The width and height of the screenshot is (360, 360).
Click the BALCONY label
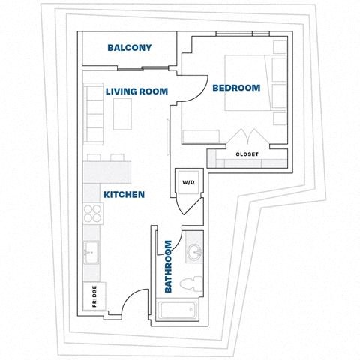tap(129, 48)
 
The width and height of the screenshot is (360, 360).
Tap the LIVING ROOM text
tap(136, 91)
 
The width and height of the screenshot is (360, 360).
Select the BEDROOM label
tap(236, 88)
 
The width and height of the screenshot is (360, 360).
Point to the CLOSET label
tap(247, 154)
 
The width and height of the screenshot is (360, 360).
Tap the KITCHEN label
tap(124, 194)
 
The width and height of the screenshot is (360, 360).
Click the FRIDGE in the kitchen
tap(94, 296)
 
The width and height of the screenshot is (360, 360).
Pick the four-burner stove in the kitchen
tap(94, 214)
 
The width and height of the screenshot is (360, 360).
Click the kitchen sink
tap(92, 252)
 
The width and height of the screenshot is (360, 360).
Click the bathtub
tap(177, 309)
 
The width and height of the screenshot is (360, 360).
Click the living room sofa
tap(94, 114)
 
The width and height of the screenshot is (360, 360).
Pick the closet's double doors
tap(247, 139)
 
